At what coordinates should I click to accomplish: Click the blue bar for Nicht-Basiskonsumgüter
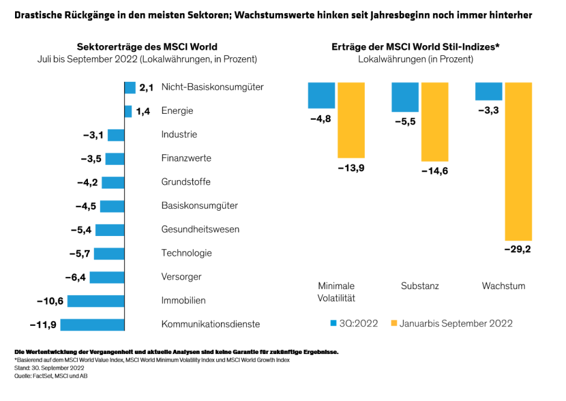pos(130,87)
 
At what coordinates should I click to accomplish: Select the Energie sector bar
pos(128,111)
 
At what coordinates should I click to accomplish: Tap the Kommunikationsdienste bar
pos(92,325)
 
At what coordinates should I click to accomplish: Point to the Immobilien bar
pos(96,300)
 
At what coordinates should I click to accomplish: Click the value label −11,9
pos(43,325)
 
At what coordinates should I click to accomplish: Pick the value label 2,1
pos(147,88)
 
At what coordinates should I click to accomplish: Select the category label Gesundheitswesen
pos(200,229)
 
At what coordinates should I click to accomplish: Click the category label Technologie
pos(186,253)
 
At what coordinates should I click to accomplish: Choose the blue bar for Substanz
pos(405,97)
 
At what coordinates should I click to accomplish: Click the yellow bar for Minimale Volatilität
pos(351,120)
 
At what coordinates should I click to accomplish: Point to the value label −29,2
pos(518,249)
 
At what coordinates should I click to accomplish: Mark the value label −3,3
pos(488,110)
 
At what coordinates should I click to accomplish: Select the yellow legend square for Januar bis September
pos(394,323)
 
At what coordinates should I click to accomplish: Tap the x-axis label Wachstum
pos(503,286)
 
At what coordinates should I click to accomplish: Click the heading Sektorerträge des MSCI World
pos(147,47)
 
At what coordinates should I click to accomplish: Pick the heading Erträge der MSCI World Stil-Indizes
pos(415,47)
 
